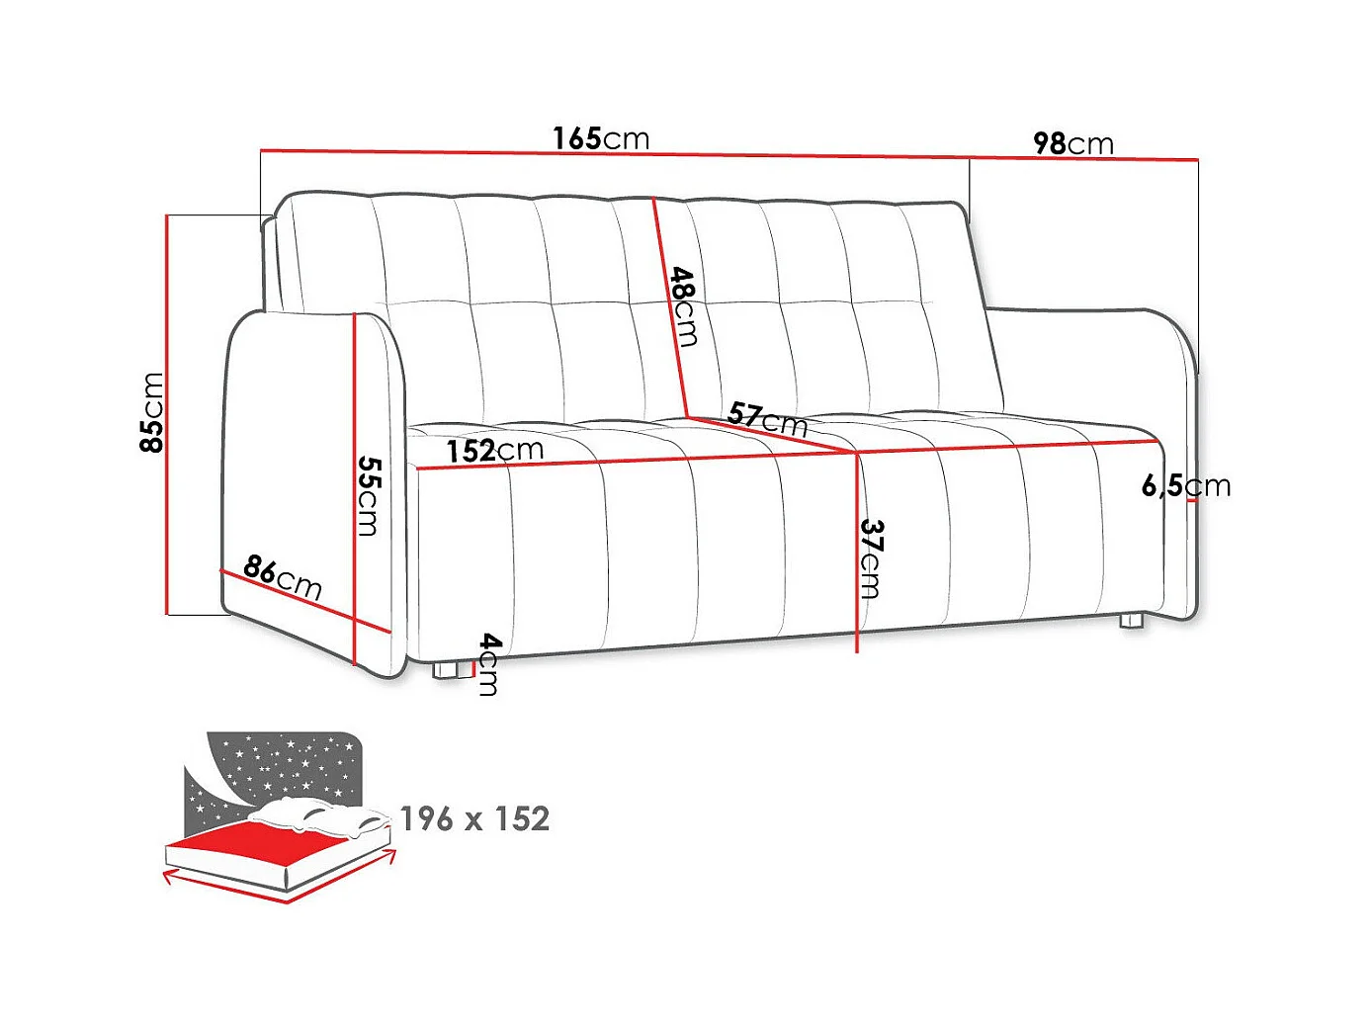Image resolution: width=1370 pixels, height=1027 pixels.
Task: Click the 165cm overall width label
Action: [601, 138]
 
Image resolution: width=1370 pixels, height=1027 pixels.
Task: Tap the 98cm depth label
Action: [1072, 144]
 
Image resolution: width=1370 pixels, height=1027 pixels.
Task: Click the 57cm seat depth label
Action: [767, 419]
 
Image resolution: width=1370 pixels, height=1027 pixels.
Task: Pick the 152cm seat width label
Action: [494, 451]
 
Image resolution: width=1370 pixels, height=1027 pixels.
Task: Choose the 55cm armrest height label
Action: [368, 495]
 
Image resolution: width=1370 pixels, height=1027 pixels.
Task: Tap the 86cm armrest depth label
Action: [283, 576]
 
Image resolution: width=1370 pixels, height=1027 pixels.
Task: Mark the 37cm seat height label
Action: [871, 558]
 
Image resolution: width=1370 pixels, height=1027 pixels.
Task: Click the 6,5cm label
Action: [1185, 485]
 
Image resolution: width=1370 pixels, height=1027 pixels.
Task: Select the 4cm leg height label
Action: [488, 664]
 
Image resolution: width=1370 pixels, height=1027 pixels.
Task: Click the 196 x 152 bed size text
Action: [474, 818]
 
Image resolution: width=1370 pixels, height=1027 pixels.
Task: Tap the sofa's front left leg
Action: [450, 670]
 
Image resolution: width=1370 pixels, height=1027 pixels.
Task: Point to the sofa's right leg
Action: [1131, 622]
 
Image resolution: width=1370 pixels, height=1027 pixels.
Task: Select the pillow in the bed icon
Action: [316, 815]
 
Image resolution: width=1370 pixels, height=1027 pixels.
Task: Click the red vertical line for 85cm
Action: [169, 415]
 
